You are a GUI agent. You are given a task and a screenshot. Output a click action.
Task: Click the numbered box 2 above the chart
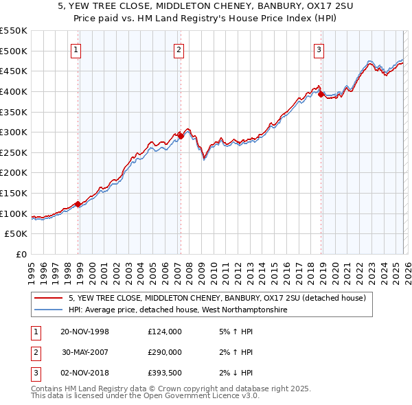(x=179, y=49)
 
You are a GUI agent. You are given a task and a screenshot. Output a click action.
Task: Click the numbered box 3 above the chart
(x=319, y=49)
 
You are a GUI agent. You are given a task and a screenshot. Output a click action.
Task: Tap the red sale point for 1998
(x=78, y=204)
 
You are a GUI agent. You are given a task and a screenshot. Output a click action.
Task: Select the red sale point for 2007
(x=181, y=136)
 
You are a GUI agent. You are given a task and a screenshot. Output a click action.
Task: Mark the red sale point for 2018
(x=321, y=94)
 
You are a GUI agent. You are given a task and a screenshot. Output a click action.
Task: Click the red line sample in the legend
(x=48, y=299)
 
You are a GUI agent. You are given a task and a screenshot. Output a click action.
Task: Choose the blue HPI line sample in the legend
(x=48, y=310)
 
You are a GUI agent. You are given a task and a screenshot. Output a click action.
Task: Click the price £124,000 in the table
(x=165, y=332)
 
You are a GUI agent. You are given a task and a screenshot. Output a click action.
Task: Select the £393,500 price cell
(x=165, y=373)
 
